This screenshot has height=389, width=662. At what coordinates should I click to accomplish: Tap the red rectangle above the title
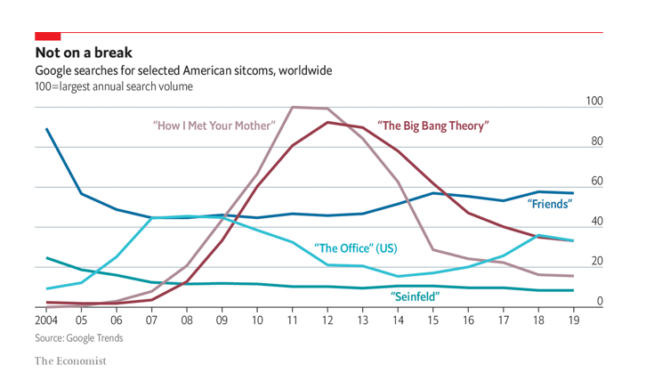point(47,36)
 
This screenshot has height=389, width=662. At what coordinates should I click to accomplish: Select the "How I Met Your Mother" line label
point(214,126)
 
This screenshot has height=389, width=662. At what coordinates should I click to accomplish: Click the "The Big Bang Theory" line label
point(433,126)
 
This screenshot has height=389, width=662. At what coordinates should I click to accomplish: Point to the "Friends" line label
point(549,204)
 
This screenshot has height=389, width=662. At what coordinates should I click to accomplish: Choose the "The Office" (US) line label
point(355,247)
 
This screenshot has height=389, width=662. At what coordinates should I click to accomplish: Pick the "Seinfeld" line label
point(416,295)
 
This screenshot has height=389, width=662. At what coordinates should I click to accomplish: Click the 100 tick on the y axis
point(594,102)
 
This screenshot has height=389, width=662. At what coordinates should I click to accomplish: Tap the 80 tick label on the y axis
point(596,142)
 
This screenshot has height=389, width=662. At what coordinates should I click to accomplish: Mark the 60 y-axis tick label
point(596,182)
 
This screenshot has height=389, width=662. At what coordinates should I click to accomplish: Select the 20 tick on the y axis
point(596,262)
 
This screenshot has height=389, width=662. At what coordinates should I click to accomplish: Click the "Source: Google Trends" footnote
point(79,338)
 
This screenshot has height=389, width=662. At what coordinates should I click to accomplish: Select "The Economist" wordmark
point(70,361)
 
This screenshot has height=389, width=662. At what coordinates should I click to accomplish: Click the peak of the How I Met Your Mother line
point(294,107)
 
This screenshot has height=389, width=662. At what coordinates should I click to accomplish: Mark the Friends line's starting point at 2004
point(46,129)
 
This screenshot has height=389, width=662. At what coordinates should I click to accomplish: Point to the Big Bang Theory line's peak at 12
point(328,122)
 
